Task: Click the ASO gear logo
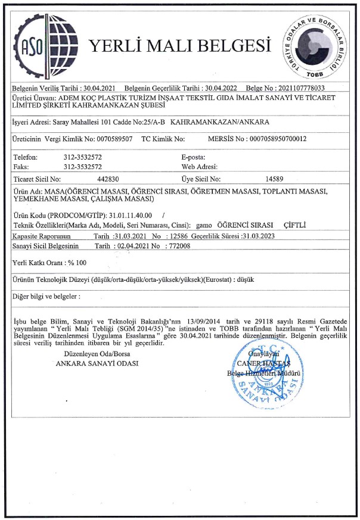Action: click(42, 45)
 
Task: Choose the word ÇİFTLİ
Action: click(294, 225)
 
